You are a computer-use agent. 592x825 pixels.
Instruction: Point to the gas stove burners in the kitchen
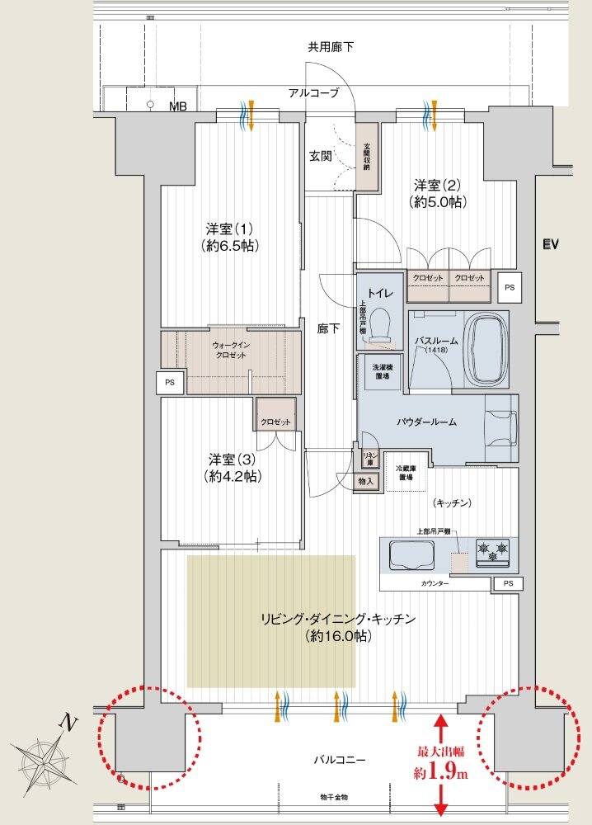pos(492,551)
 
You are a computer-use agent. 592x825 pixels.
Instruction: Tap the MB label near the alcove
pos(178,106)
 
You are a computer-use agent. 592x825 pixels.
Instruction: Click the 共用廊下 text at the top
pos(331,47)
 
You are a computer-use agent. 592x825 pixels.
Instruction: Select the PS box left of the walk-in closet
pos(170,383)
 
